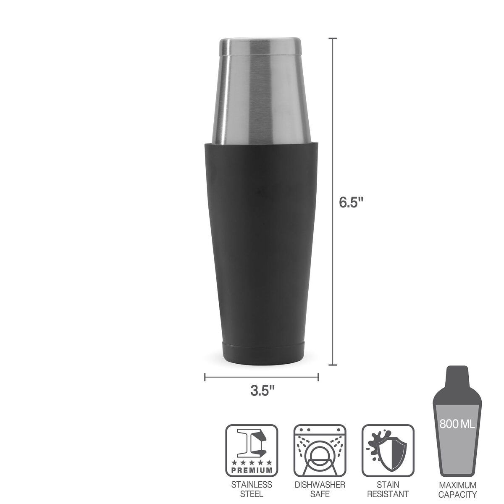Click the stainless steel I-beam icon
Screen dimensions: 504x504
[x=252, y=445]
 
